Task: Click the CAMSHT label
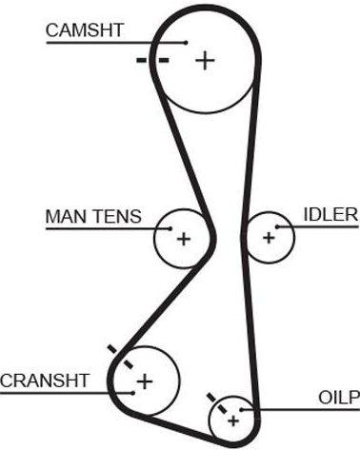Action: coord(85,30)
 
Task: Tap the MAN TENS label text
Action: coord(93,217)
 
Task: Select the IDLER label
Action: coord(330,214)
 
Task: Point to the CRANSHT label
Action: coord(45,381)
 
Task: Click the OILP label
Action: coord(339,398)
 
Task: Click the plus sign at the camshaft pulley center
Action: coord(205,60)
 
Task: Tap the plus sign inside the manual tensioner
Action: coord(184,239)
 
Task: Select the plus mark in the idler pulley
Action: coord(269,238)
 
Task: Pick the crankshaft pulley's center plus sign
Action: coord(145,382)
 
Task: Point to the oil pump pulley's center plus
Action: coord(233,421)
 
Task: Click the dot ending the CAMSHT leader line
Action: coord(187,42)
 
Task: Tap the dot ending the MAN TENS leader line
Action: coord(170,228)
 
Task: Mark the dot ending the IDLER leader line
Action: coord(277,226)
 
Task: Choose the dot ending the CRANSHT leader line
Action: coord(133,393)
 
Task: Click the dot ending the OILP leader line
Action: coord(241,410)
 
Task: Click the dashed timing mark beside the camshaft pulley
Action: coord(152,60)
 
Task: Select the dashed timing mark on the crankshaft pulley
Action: coord(120,357)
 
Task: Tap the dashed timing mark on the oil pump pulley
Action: coord(217,403)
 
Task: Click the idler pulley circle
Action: coord(294,237)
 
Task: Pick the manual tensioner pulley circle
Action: coord(154,239)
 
